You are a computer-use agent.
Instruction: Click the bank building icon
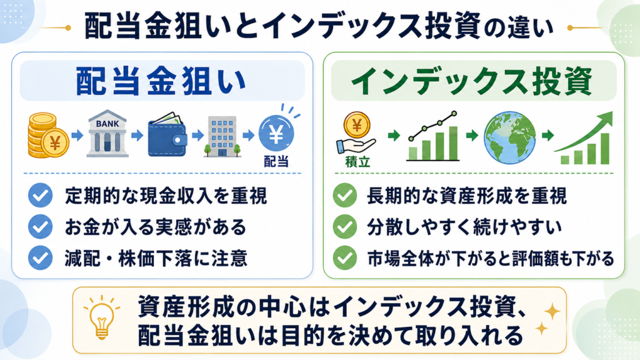click(x=107, y=133)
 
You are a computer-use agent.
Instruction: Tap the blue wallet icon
click(x=167, y=135)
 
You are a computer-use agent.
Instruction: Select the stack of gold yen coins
click(x=48, y=136)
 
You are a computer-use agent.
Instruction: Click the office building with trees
click(x=222, y=136)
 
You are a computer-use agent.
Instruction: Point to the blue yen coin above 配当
click(x=276, y=134)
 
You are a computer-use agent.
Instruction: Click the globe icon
click(x=510, y=137)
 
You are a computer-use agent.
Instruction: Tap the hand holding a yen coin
click(x=356, y=133)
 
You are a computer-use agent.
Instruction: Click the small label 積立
click(x=357, y=162)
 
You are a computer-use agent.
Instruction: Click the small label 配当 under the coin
click(x=276, y=162)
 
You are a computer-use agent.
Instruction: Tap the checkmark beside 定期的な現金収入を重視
click(x=41, y=196)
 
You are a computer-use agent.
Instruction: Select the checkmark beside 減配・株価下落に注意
click(x=41, y=258)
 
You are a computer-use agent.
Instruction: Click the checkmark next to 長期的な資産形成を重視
click(x=345, y=196)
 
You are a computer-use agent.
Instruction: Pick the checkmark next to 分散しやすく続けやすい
click(x=345, y=226)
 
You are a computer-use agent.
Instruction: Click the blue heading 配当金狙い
click(x=161, y=81)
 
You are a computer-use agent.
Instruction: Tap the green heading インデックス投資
click(x=472, y=81)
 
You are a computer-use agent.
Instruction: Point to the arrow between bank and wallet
click(x=137, y=135)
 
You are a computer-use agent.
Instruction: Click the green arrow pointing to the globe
click(x=472, y=135)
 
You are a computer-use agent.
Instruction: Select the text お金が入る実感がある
click(x=156, y=227)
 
